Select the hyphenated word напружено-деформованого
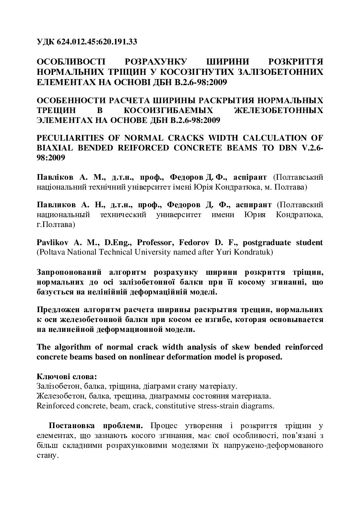click(273, 446)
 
